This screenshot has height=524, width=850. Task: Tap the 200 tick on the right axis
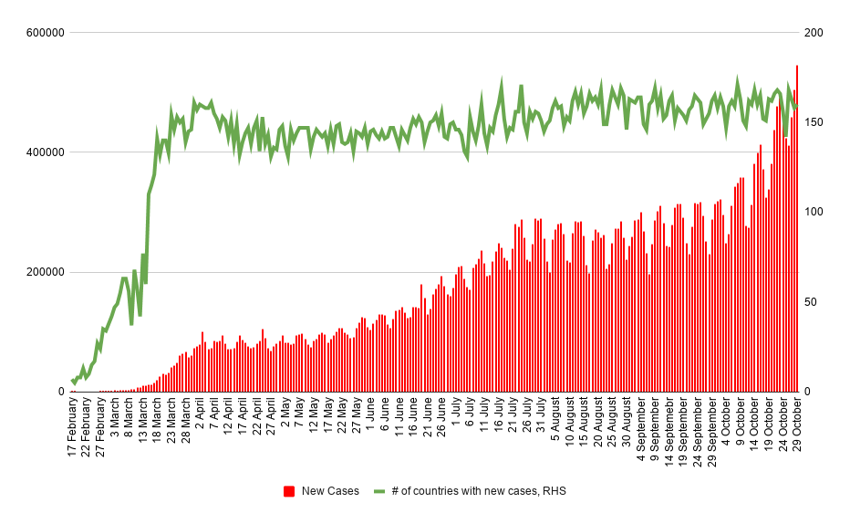pos(813,33)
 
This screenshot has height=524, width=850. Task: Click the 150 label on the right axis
pos(813,122)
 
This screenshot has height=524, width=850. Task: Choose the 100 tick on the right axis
pos(813,213)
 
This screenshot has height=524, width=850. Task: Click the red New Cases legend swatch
pos(289,491)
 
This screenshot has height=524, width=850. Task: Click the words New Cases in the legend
pos(330,491)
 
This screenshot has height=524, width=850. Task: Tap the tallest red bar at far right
pos(797,228)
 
